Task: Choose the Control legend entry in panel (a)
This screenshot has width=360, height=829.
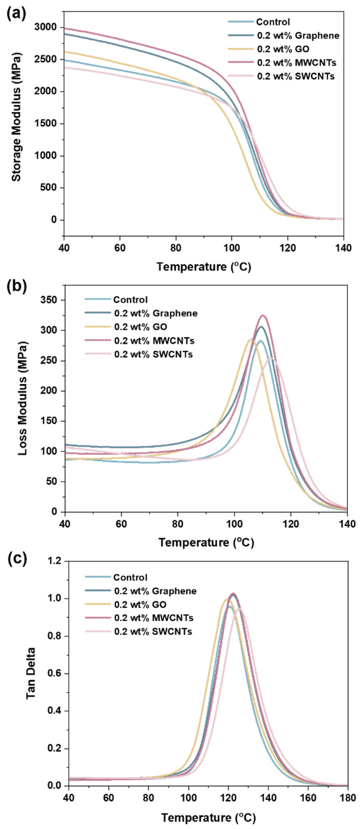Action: coord(273,22)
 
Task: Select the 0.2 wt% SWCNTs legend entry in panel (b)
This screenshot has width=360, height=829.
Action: coord(153,354)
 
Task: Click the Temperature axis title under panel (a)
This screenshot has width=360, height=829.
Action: coord(203,267)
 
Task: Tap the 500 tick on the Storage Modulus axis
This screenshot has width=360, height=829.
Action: coord(51,188)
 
